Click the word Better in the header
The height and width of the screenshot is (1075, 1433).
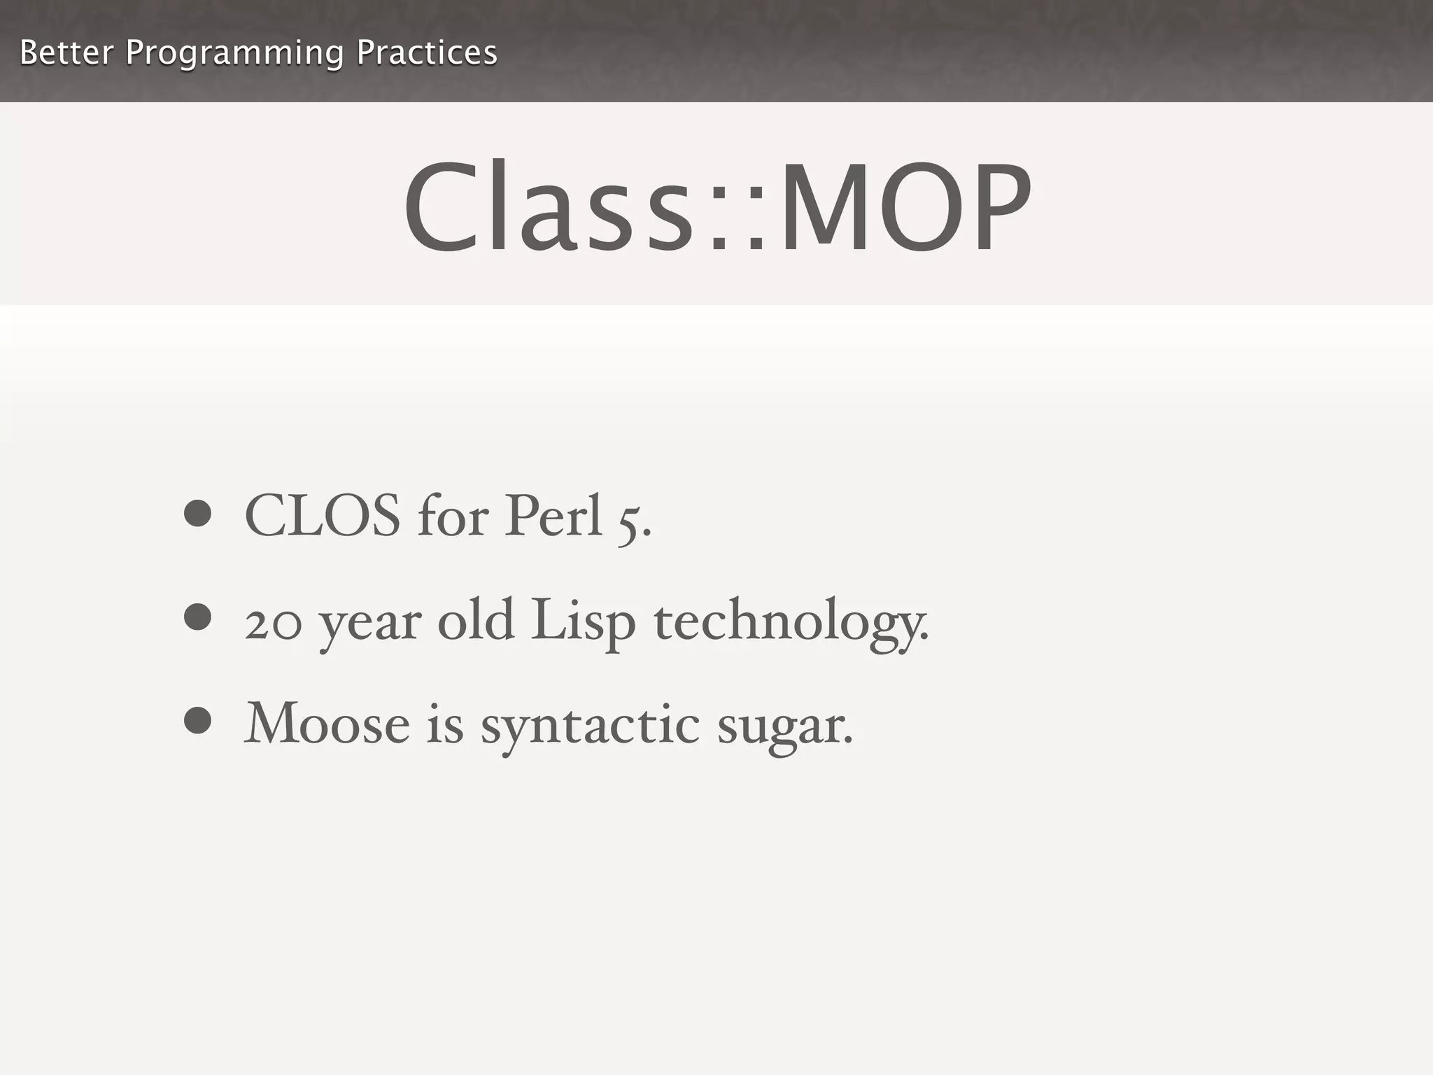coord(66,52)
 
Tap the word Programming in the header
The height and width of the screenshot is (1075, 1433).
coord(234,54)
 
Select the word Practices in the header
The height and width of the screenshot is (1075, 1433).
coord(427,52)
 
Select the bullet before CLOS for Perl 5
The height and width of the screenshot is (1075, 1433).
coord(197,514)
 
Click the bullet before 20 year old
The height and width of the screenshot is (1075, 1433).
coord(197,617)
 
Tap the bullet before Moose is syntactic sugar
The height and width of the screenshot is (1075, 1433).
coord(197,721)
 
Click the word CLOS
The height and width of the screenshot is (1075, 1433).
coord(323,516)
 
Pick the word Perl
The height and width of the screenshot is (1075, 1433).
coord(553,516)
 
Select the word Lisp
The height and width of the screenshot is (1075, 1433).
coord(583,621)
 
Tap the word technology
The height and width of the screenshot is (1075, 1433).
coord(791,621)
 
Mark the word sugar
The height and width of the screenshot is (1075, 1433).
coord(784,728)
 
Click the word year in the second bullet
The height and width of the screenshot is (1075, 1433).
coord(370,624)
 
